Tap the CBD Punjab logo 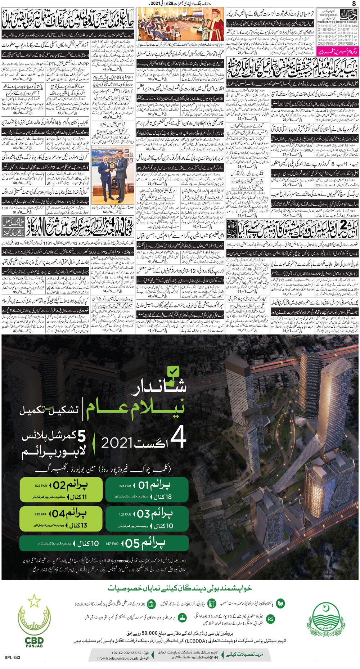(x=34, y=619)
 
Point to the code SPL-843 (x=12, y=657)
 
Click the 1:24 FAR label (x=125, y=486)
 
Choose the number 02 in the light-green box (x=59, y=485)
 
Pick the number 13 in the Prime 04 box (x=82, y=525)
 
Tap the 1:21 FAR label (x=125, y=515)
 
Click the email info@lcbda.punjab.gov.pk (x=117, y=659)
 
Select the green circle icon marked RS (x=270, y=619)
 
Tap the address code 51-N (x=214, y=658)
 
